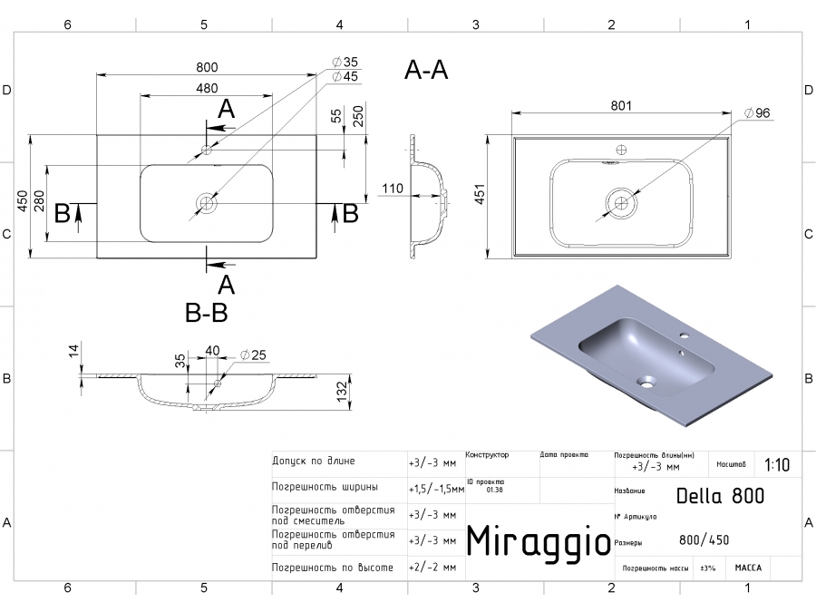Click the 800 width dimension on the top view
click(x=207, y=68)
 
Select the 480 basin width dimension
click(x=207, y=88)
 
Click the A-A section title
click(x=426, y=70)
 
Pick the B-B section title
click(x=207, y=314)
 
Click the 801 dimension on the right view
click(x=620, y=106)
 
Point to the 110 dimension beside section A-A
click(x=392, y=189)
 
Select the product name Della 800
click(x=720, y=496)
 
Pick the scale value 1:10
click(x=776, y=465)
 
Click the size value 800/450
click(x=704, y=540)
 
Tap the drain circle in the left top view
click(x=208, y=202)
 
